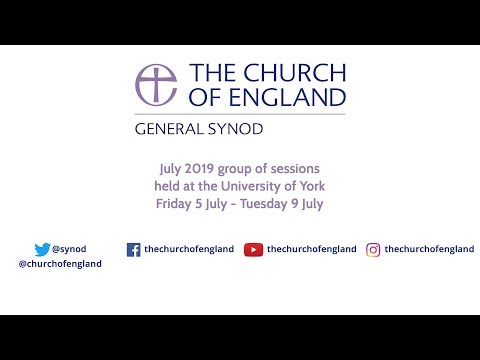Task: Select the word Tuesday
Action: (270, 203)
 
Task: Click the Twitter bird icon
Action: (42, 250)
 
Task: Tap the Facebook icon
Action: (133, 250)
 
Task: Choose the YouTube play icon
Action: (253, 250)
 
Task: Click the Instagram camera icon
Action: (373, 250)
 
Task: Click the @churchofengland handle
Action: (60, 264)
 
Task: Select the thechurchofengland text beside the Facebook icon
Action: (189, 250)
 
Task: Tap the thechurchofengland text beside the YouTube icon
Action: (312, 250)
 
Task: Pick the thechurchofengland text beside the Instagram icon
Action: (429, 250)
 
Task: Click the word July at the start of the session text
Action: (173, 169)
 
